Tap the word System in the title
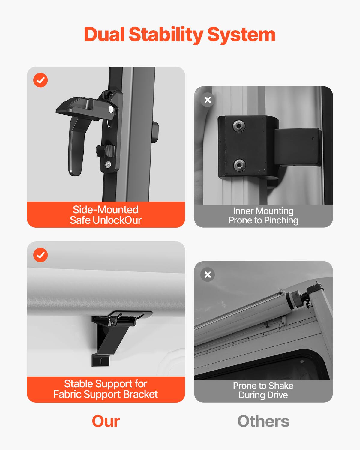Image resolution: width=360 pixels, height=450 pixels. pyautogui.click(x=241, y=34)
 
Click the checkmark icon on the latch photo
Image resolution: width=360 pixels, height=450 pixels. pyautogui.click(x=40, y=80)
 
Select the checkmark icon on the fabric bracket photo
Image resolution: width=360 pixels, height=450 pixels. pyautogui.click(x=40, y=255)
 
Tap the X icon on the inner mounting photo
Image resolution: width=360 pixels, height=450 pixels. pyautogui.click(x=208, y=100)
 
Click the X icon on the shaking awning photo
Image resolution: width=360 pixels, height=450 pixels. pyautogui.click(x=208, y=274)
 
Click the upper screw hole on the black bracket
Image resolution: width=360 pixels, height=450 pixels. pyautogui.click(x=239, y=126)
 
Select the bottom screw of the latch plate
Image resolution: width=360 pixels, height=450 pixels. pyautogui.click(x=108, y=164)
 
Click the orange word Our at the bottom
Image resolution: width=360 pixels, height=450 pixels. pyautogui.click(x=106, y=421)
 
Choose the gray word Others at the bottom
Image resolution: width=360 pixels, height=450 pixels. pyautogui.click(x=263, y=421)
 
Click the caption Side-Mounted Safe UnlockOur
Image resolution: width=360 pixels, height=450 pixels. pyautogui.click(x=106, y=215)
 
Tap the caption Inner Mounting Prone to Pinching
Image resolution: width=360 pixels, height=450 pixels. pyautogui.click(x=263, y=216)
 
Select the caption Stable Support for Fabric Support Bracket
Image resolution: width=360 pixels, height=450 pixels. pyautogui.click(x=106, y=389)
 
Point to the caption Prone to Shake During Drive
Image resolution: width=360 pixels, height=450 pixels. pyautogui.click(x=263, y=390)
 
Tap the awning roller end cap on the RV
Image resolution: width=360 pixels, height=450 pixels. pyautogui.click(x=292, y=299)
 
